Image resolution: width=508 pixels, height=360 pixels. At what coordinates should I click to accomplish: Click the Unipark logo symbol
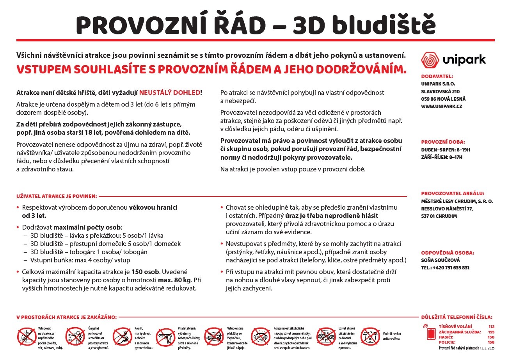(x=430, y=60)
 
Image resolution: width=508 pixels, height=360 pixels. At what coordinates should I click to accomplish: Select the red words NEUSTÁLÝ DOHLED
(x=170, y=93)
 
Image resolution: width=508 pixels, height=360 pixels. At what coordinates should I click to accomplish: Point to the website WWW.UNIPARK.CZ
(x=441, y=106)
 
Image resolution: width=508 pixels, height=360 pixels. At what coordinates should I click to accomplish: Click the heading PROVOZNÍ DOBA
(x=443, y=142)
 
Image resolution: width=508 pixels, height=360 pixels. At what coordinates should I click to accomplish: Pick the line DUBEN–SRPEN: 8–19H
(x=446, y=150)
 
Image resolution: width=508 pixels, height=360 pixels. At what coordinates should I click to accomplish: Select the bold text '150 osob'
(x=145, y=272)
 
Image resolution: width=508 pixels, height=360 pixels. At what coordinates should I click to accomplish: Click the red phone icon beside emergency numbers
(x=430, y=333)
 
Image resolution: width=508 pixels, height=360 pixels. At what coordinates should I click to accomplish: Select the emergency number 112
(x=491, y=326)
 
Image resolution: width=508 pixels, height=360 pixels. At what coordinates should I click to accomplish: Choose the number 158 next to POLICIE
(x=491, y=342)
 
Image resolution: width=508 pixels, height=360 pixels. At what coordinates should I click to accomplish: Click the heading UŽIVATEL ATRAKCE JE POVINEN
(x=56, y=196)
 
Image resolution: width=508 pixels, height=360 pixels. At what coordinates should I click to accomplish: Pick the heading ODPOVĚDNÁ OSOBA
(x=447, y=253)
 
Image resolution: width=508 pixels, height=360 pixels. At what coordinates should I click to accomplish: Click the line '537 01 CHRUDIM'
(x=439, y=216)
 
